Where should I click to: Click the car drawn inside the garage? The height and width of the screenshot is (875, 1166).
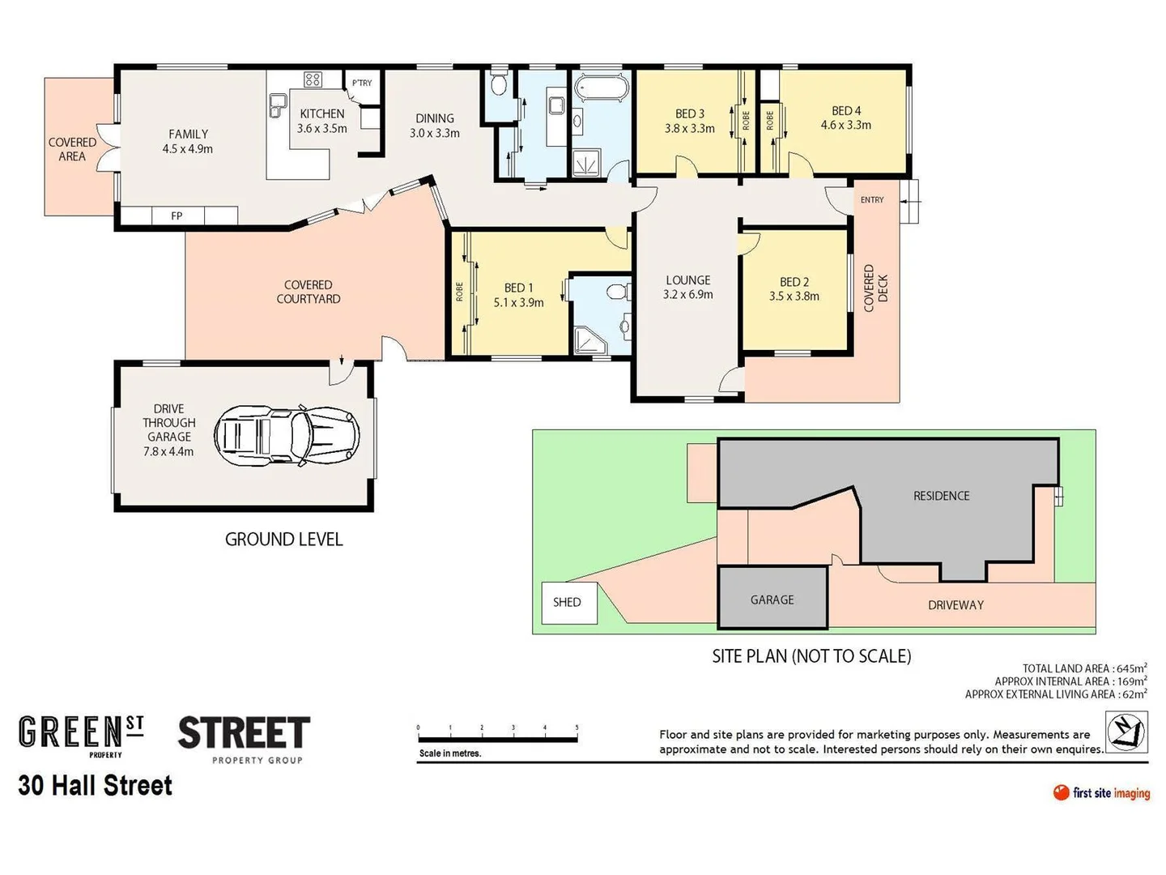(287, 436)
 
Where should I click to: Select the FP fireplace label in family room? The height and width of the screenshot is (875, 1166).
(177, 216)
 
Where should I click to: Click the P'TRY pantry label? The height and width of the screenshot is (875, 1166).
(362, 83)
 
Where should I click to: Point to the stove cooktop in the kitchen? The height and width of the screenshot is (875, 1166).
(313, 79)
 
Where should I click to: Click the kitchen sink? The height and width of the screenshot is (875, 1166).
(278, 104)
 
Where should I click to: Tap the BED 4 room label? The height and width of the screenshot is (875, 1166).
(846, 117)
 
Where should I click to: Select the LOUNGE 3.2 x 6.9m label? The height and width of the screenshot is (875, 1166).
(687, 287)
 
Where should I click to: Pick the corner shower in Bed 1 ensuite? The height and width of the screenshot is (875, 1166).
(589, 340)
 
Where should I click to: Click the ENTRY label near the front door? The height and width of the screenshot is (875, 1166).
(872, 199)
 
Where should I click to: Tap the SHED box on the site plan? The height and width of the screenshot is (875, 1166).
(568, 603)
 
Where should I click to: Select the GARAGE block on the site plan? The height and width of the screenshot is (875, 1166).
(772, 599)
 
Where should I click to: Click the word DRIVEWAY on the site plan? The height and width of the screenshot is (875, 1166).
(955, 605)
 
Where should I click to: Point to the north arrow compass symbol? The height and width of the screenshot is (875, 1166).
(1126, 732)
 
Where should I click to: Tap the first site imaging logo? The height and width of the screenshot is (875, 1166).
(1101, 792)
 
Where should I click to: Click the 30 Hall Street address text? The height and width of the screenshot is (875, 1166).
(96, 785)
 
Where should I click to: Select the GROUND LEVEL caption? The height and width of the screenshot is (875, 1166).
(283, 540)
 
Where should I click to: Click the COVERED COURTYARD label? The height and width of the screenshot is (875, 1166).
(308, 292)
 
